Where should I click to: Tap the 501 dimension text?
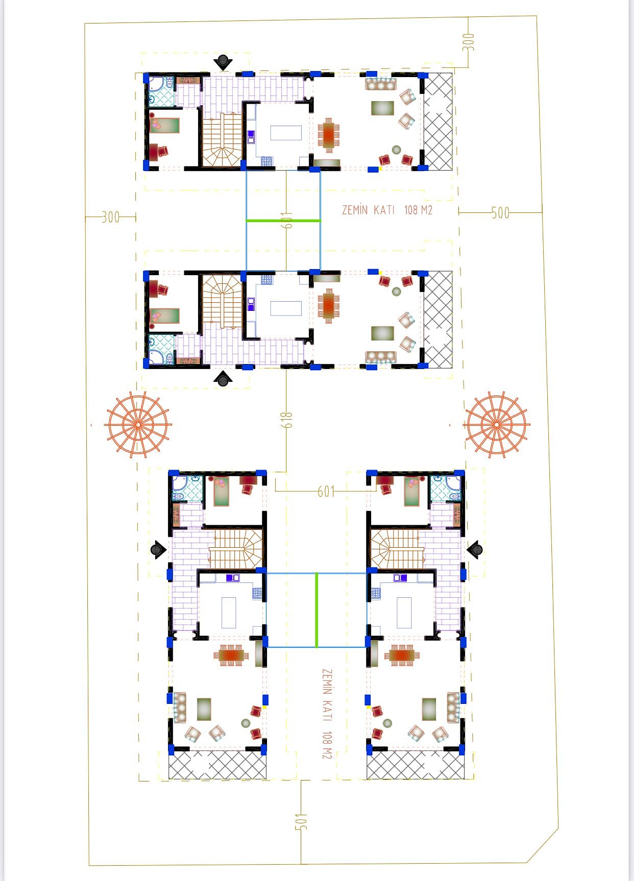301,821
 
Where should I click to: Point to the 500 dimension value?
501,213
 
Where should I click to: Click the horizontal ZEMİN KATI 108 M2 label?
387,210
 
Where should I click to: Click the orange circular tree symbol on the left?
138,424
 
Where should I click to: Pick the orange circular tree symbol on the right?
497,424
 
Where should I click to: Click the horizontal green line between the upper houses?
283,221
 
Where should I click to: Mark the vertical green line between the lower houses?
316,610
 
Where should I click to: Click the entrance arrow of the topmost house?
223,62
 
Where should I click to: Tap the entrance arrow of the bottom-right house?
475,550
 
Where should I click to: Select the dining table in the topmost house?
329,135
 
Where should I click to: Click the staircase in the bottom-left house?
236,549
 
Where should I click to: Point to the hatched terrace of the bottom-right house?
416,764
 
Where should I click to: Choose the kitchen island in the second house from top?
286,309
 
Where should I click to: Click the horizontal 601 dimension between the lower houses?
326,492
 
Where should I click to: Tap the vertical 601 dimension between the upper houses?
287,221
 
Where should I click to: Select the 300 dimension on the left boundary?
110,217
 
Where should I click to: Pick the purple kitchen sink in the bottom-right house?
400,578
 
